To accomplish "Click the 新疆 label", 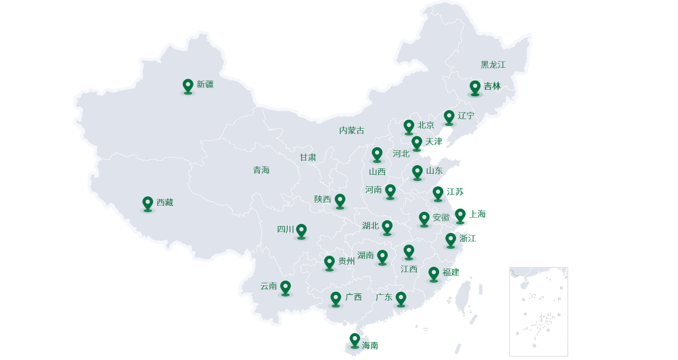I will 205,84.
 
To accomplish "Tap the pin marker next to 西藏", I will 148,203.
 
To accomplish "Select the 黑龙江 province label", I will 493,65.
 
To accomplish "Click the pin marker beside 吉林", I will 475,87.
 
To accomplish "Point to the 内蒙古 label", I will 352,130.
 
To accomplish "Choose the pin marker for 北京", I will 409,127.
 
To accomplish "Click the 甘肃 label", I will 308,157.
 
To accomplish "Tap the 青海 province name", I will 261,170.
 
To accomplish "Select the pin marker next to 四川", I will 301,231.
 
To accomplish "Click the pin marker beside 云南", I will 286,287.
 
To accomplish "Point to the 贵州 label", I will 346,261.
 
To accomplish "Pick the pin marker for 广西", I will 336,299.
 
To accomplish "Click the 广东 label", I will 384,297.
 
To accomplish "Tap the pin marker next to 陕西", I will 340,201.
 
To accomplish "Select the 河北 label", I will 401,154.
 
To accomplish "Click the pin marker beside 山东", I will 417,172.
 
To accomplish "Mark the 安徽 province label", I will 441,218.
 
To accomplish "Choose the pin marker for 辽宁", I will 449,117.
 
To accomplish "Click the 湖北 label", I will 370,226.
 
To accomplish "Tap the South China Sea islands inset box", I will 538,311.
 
